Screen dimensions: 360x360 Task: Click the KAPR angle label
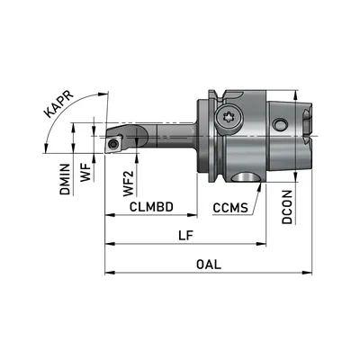[58, 103]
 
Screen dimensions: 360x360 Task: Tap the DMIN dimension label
[65, 179]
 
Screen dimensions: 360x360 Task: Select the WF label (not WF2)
[85, 173]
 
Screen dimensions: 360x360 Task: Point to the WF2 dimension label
[129, 183]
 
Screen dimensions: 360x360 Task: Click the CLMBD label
[151, 207]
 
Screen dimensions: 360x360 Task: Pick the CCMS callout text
[230, 208]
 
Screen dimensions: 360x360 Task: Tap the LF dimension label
[185, 236]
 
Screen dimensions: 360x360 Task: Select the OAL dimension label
[209, 265]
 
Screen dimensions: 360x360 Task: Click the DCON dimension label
[287, 207]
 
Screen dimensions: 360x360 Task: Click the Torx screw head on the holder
[229, 118]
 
